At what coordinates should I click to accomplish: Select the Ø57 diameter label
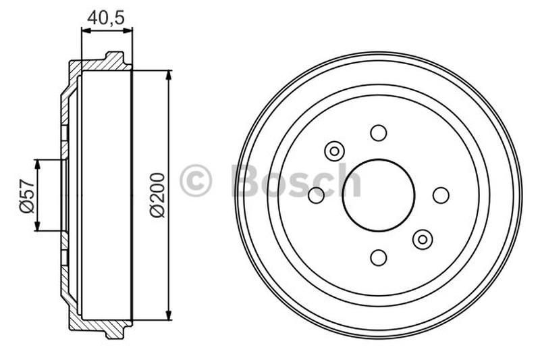(26, 196)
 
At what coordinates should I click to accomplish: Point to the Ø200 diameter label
(156, 196)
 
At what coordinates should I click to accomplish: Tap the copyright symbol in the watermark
(196, 181)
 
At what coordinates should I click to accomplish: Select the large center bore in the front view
(378, 195)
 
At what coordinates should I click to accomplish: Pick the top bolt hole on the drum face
(378, 132)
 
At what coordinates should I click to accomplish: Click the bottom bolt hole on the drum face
(378, 257)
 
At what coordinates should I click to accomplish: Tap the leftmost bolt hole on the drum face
(316, 195)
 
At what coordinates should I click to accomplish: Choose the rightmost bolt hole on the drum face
(441, 195)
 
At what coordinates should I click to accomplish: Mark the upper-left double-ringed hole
(334, 151)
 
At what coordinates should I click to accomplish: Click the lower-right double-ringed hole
(423, 238)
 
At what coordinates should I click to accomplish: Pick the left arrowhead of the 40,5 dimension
(84, 30)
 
